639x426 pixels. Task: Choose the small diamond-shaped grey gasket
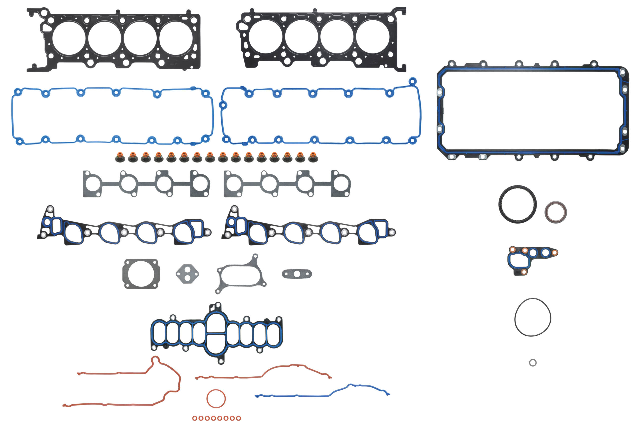coord(187,274)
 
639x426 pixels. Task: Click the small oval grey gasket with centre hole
coord(297,274)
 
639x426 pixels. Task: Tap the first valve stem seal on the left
coord(120,157)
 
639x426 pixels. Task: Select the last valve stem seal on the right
coord(313,157)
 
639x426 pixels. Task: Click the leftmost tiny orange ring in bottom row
coord(195,418)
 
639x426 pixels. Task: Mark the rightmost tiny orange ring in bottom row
coord(238,418)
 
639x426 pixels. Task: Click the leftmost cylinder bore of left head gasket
coord(69,38)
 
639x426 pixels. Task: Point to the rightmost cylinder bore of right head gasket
coord(372,37)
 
